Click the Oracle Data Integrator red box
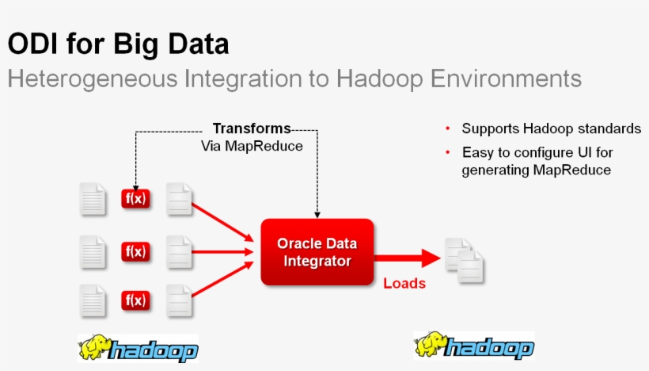tap(317, 252)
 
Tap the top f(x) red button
tap(135, 198)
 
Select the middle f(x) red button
tap(135, 252)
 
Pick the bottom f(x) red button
tap(135, 300)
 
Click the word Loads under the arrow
tap(404, 283)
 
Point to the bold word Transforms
tap(252, 128)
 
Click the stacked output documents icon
tap(465, 261)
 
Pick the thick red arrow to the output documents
tap(408, 258)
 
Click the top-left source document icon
tap(93, 199)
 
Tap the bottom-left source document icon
tap(93, 301)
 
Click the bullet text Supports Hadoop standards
tap(551, 128)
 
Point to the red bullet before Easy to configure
tap(448, 151)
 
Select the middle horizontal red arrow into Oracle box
tap(225, 252)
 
